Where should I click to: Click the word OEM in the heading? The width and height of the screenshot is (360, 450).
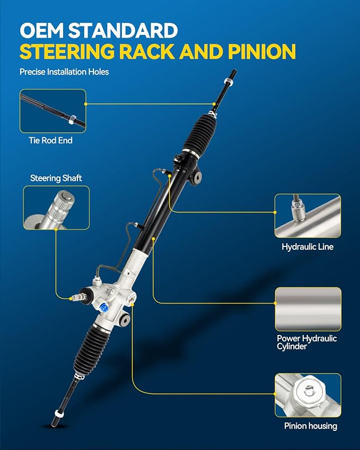(42, 30)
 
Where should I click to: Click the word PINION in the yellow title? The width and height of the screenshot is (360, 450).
(262, 51)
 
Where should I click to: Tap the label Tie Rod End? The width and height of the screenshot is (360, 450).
(50, 140)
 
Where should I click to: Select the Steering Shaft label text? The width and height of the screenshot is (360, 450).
(56, 178)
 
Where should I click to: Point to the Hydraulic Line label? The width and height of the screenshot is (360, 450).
(308, 247)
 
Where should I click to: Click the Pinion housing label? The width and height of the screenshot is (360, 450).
(311, 426)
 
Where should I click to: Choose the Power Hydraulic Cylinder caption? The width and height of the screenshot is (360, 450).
(306, 342)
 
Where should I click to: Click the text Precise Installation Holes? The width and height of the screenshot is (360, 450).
(64, 72)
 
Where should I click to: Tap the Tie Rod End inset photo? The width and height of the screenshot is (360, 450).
(53, 111)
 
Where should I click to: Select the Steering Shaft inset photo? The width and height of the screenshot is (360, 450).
(56, 207)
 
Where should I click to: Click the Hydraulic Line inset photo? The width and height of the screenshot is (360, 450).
(308, 216)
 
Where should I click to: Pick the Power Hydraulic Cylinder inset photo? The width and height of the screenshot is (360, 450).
(308, 309)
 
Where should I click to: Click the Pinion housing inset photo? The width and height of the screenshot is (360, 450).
(308, 395)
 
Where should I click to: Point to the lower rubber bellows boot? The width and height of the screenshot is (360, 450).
(91, 349)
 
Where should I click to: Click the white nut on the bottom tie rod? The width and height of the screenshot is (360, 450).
(58, 413)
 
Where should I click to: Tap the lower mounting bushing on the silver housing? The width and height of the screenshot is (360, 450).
(125, 320)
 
